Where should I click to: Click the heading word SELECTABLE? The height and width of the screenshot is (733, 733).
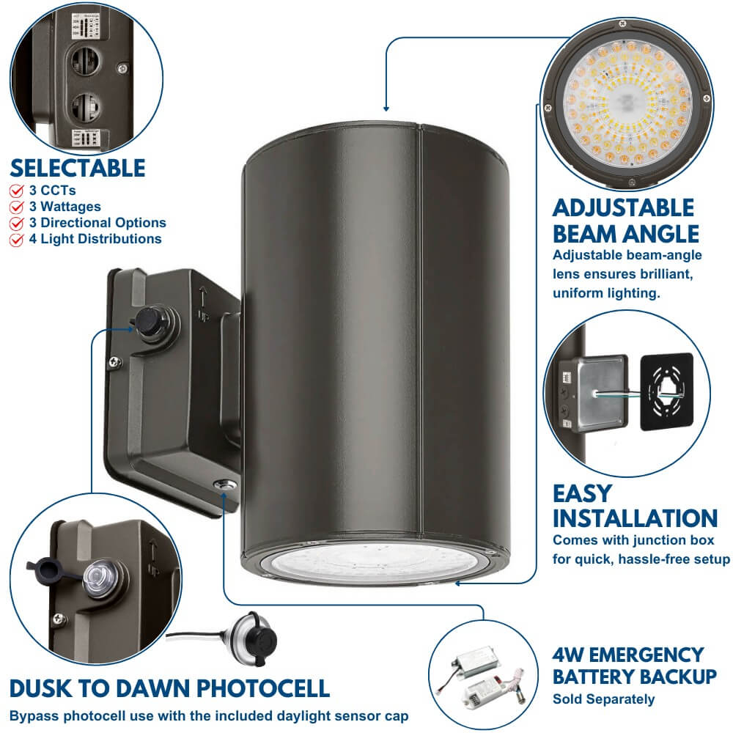click(x=78, y=168)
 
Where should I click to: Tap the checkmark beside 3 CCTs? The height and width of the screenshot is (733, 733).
click(x=15, y=191)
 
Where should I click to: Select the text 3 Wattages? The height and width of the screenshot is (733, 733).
click(x=65, y=207)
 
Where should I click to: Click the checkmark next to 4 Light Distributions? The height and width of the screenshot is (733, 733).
click(x=15, y=239)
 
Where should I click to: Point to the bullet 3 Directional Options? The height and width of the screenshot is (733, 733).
click(x=97, y=223)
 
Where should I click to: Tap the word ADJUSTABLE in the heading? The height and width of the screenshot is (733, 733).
click(x=623, y=207)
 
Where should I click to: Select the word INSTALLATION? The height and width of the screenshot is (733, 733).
click(x=635, y=518)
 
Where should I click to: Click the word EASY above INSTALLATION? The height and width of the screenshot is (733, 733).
click(x=582, y=492)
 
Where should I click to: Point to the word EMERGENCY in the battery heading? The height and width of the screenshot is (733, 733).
click(x=638, y=654)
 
